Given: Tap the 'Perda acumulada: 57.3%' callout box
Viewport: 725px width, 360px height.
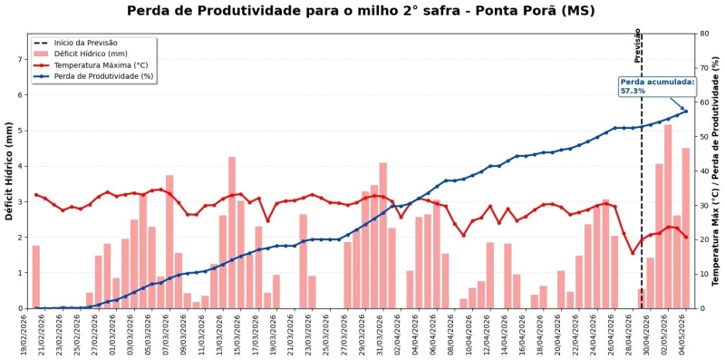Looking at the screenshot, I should pos(657,86).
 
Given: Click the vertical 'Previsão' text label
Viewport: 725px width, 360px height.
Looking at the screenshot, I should pos(637,45).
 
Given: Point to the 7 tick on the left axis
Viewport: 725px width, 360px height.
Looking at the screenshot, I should pos(20,59).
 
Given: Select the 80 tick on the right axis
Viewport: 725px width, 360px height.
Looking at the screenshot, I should pos(704,34).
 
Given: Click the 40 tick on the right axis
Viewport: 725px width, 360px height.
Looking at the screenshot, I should pos(704,171).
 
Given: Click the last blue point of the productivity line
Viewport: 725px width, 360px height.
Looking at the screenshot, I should pos(686,112).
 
